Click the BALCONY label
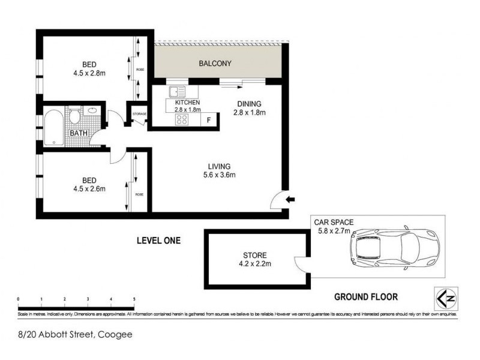coord(215,63)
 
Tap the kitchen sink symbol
coord(177,93)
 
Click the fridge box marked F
coord(208,120)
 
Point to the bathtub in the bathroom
coord(52,127)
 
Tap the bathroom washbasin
coord(92,110)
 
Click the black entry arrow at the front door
coord(291,200)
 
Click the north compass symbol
coord(443,297)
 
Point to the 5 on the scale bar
coord(134,299)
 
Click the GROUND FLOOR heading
coord(365,296)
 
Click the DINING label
coord(249,103)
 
